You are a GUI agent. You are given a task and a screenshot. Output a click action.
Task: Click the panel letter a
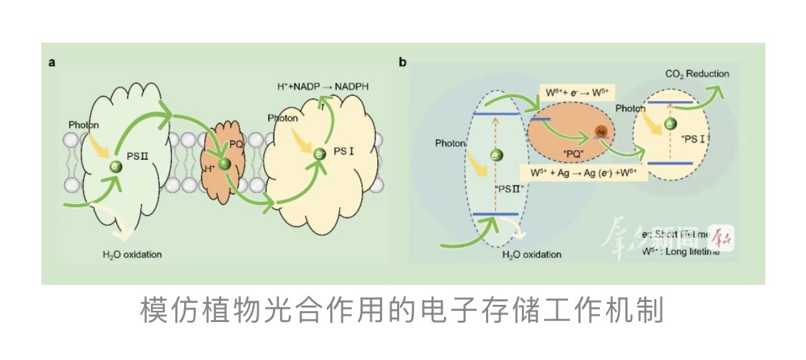click(x=52, y=62)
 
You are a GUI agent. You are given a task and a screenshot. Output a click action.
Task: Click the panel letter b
click(x=403, y=63)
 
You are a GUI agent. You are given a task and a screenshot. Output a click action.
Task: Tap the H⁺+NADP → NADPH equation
click(x=322, y=87)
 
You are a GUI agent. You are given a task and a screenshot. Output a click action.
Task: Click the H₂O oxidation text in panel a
click(x=132, y=254)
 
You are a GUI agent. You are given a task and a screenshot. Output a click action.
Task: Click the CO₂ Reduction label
click(x=696, y=74)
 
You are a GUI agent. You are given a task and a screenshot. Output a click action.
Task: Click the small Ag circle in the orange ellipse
click(x=601, y=132)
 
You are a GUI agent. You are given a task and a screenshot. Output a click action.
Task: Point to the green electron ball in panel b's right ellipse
click(x=669, y=124)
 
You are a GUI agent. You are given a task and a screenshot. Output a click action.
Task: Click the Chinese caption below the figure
click(x=402, y=311)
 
